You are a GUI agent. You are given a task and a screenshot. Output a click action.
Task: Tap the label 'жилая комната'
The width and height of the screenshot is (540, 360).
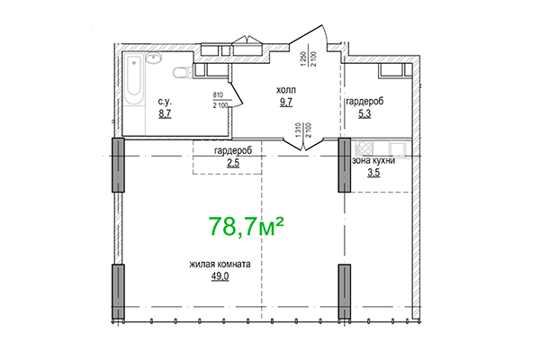click(x=219, y=264)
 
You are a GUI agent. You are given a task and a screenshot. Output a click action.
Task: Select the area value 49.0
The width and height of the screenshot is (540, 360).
click(x=219, y=276)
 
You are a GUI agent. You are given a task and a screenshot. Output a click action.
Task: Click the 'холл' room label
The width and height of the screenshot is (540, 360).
click(x=284, y=91)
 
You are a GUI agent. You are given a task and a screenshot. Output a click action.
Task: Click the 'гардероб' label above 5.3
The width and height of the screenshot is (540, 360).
click(x=364, y=103)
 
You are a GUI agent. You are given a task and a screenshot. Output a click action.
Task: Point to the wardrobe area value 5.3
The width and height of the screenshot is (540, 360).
click(x=364, y=114)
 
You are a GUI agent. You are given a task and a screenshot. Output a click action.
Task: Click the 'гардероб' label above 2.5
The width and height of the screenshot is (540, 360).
click(x=232, y=150)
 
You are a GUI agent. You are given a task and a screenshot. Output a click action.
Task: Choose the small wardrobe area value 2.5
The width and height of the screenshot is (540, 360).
click(x=232, y=162)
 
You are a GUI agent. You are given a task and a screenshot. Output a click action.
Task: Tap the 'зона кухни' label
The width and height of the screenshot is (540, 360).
click(x=373, y=160)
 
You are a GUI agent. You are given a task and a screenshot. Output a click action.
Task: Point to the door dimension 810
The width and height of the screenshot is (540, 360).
click(x=217, y=94)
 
